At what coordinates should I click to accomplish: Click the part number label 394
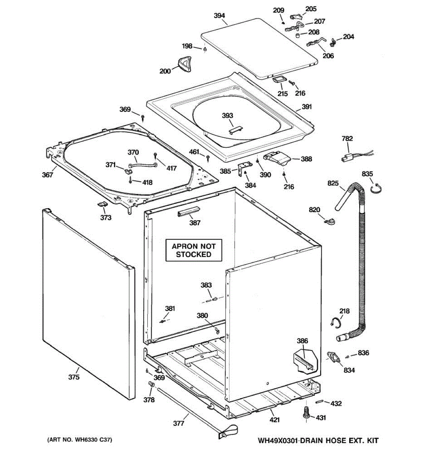(x=219, y=16)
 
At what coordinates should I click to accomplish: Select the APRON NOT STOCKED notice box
(x=193, y=250)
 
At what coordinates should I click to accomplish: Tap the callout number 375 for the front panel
(x=74, y=377)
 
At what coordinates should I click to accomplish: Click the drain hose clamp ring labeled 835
(x=376, y=188)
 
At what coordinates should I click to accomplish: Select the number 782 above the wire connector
(x=347, y=138)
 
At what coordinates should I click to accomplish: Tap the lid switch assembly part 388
(x=277, y=160)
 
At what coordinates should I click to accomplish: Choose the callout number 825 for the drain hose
(x=333, y=183)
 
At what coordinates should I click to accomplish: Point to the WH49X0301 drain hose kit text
(x=318, y=440)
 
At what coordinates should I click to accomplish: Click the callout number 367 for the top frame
(x=47, y=174)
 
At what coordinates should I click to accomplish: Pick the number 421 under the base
(x=274, y=420)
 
